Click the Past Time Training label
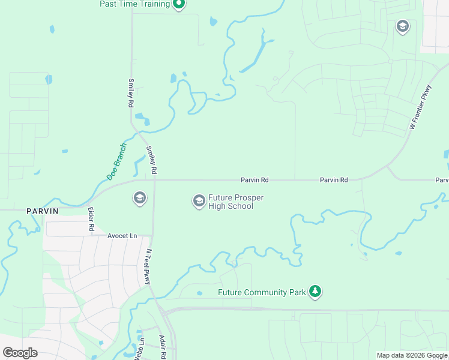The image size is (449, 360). coord(135,4)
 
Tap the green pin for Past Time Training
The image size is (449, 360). coord(178,4)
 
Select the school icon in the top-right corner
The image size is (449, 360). coord(402,26)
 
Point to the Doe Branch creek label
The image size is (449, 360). coord(116,161)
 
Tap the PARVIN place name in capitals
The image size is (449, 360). coord(42,211)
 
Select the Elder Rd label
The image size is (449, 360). coord(91,220)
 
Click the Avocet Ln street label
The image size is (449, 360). coord(122,236)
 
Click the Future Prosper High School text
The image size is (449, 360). coord(235,202)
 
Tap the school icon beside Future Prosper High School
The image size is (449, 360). coord(199,201)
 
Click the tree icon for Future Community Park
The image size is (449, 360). coord(315,292)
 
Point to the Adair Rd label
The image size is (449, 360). coord(163,347)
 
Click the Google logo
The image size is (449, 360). coord(20,353)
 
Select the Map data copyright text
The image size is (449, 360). coord(412,355)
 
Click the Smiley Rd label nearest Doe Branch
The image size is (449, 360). coord(152,160)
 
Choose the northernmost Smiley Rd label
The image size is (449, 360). coord(130,93)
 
